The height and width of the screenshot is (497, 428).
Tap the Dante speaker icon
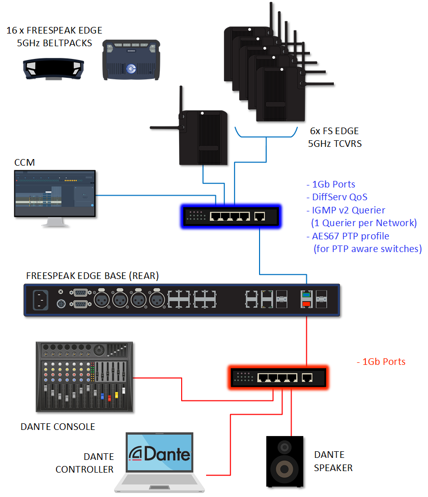285,461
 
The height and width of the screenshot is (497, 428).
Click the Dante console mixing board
84,377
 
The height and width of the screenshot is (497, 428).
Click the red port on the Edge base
306,304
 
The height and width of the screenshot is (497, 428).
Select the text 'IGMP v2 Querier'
346,210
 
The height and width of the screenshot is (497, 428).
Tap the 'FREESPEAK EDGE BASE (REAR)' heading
92,276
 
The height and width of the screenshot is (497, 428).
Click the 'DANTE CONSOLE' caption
58,426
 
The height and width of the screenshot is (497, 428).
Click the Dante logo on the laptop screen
159,453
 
